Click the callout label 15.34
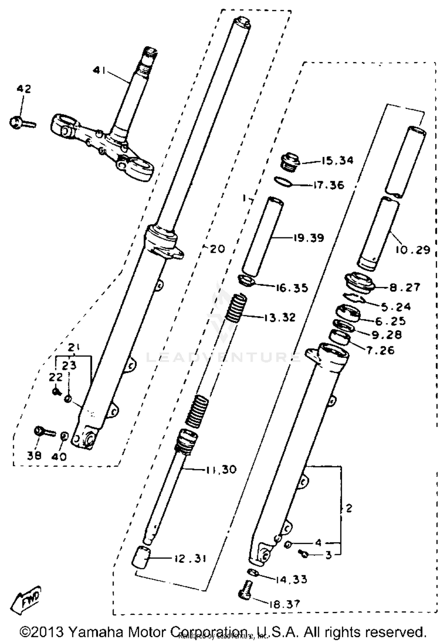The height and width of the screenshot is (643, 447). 337,161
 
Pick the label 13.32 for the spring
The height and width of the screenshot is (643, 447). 280,317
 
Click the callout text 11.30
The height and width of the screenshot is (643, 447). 221,470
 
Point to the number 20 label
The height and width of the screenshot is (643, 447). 217,249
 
